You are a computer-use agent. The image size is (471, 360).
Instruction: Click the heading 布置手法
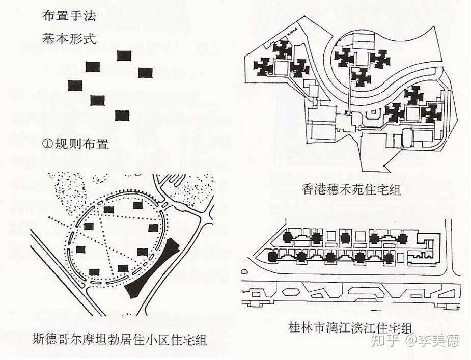coord(69,16)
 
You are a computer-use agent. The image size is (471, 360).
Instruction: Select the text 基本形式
coord(69,39)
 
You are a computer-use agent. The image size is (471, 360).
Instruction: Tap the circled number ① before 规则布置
coord(47,144)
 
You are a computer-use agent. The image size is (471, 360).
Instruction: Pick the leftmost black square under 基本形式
coord(75,86)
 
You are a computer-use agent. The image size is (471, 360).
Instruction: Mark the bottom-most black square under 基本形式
coord(122,116)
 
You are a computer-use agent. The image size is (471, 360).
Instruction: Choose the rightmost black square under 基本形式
coord(146,73)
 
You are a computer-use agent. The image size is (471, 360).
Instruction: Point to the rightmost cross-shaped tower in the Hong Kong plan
coord(432,113)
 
